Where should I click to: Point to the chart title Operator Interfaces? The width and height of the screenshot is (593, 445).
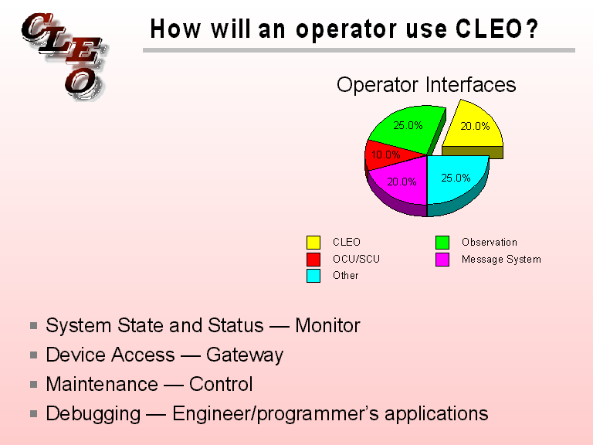point(426,84)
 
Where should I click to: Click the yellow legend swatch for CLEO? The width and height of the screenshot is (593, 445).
point(313,243)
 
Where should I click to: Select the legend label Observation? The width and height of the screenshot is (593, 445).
point(489,243)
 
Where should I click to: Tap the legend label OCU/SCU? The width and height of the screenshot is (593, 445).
point(356,259)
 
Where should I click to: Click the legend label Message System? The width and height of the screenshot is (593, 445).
point(501,259)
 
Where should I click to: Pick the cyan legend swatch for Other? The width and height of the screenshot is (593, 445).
point(313,276)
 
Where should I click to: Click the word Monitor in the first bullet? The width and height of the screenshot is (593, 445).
point(327,326)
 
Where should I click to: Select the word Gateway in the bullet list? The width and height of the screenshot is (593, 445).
point(245,355)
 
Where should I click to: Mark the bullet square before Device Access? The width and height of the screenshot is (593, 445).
point(35,355)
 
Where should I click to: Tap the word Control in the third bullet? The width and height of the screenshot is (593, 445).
point(221,384)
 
